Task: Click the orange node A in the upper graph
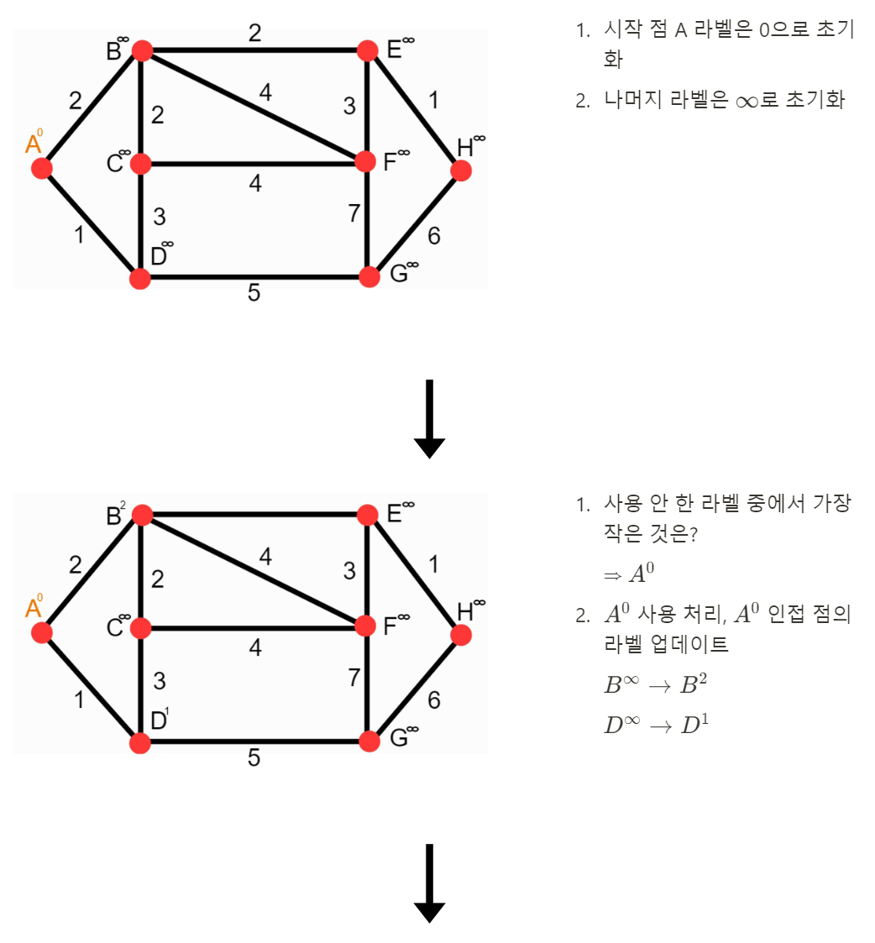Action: coord(42,169)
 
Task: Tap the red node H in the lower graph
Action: coord(460,635)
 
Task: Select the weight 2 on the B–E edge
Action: coord(254,34)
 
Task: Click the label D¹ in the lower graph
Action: coord(160,720)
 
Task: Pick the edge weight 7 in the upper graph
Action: coord(354,214)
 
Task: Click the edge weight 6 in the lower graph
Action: coord(433,700)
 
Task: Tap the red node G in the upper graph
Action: coord(369,277)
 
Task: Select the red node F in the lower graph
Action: coord(365,626)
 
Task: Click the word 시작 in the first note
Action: coord(620,30)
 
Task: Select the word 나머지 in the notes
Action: coord(633,101)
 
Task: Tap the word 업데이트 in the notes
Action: coord(694,645)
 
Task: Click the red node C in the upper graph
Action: coord(140,163)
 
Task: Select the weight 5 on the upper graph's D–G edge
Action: coord(254,294)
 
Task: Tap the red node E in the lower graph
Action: coord(368,514)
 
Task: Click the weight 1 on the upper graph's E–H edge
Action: coord(433,101)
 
